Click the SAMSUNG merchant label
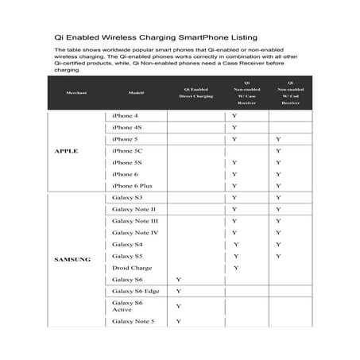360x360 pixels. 72,259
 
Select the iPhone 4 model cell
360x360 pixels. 126,116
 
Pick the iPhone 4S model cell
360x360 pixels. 127,127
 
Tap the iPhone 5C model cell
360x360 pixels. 127,151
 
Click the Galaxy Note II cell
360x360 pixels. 134,209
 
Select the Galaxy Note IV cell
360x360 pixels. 135,233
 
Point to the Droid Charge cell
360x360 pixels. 132,268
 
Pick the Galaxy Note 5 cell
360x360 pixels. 134,322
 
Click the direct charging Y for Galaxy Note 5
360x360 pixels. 179,322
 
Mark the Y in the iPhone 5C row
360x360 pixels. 278,151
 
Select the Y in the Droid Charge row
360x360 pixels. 235,268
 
